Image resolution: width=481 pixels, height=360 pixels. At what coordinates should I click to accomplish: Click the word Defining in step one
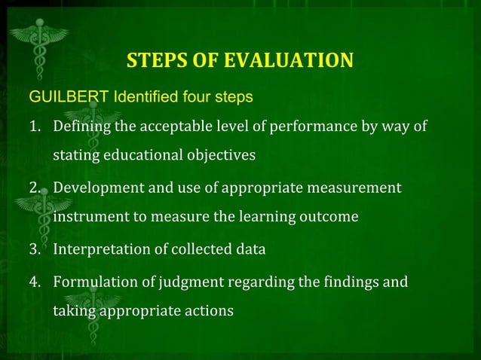(x=78, y=125)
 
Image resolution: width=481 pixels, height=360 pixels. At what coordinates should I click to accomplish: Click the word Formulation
(x=92, y=282)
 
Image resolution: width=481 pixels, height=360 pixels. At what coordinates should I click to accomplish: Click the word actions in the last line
(x=213, y=310)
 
